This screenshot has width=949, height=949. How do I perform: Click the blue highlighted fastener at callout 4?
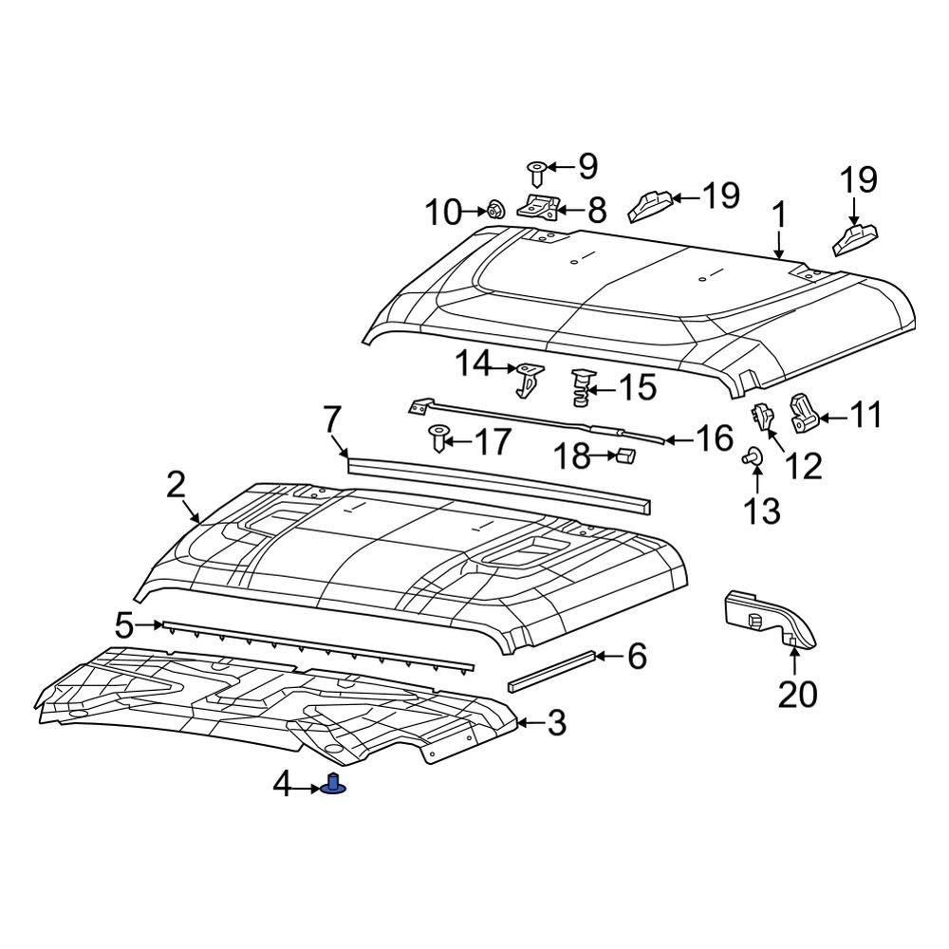[x=333, y=786]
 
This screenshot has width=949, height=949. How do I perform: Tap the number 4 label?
[x=283, y=785]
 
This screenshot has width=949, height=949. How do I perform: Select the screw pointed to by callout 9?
[x=537, y=173]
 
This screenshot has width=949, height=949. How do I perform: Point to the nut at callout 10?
[x=494, y=210]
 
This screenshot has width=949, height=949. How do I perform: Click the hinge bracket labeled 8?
[x=541, y=208]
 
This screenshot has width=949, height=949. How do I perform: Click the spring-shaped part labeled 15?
[x=580, y=388]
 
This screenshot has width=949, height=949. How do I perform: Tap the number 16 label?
[x=714, y=438]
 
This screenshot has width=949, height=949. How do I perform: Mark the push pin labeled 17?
[x=437, y=439]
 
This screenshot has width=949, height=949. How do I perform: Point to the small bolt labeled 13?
[x=750, y=457]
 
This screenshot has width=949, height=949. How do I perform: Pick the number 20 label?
[x=796, y=695]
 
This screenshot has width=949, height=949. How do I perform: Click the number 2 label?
[x=176, y=485]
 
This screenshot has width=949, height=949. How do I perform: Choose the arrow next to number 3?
[x=530, y=724]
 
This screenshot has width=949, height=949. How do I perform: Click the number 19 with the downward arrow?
[x=857, y=179]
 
